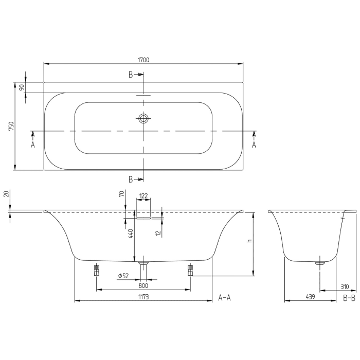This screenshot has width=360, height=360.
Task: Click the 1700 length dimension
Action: (143, 60)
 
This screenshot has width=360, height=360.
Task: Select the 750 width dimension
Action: (11, 126)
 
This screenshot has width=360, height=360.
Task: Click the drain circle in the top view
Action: (143, 119)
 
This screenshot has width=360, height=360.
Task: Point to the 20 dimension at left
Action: (6, 194)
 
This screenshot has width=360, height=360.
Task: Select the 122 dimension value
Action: (143, 196)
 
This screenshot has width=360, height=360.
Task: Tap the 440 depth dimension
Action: (131, 234)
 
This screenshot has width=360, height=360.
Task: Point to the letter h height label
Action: (249, 243)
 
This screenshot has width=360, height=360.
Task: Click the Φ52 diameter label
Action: (123, 276)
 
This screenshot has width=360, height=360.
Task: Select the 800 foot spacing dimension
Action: (143, 285)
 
